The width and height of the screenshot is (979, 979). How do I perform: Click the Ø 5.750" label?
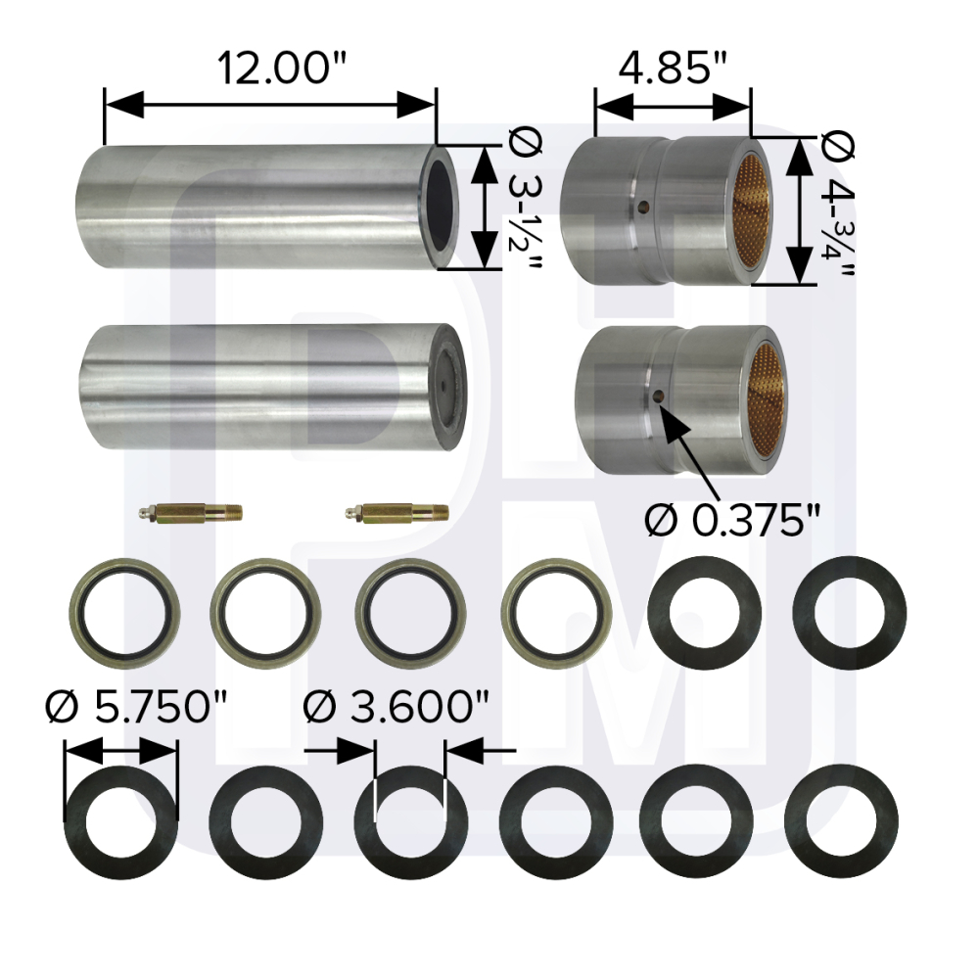coord(129,706)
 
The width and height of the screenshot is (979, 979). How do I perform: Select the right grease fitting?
coord(397,512)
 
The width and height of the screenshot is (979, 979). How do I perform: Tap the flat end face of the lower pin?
coord(447,388)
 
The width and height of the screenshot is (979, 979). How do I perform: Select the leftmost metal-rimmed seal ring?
coord(121,614)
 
